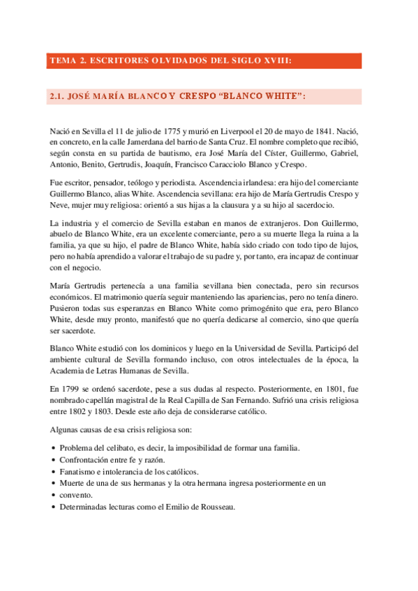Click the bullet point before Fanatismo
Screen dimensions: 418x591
click(x=54, y=472)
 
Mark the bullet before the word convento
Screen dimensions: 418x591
click(x=54, y=496)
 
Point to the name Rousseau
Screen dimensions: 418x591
click(x=215, y=507)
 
